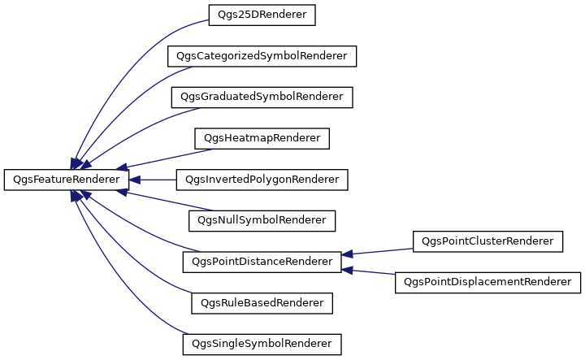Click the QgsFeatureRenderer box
[67, 180]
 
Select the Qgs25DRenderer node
[262, 15]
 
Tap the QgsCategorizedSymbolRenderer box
[262, 56]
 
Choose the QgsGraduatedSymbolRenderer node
[262, 98]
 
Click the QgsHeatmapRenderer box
[262, 138]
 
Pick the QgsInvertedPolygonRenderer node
[262, 180]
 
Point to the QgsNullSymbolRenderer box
[262, 221]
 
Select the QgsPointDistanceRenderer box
[262, 262]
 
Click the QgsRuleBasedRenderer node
[262, 303]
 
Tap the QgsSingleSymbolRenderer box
[262, 345]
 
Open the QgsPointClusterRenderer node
[487, 241]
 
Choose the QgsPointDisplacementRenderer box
[487, 283]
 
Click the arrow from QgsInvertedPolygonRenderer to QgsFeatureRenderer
[153, 180]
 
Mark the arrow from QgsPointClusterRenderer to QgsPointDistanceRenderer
[377, 252]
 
